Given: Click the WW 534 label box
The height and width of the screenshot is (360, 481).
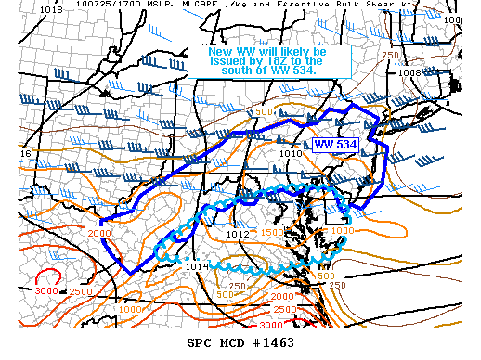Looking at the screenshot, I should pos(335,144).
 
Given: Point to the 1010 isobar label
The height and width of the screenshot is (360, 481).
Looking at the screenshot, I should pos(291,153).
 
